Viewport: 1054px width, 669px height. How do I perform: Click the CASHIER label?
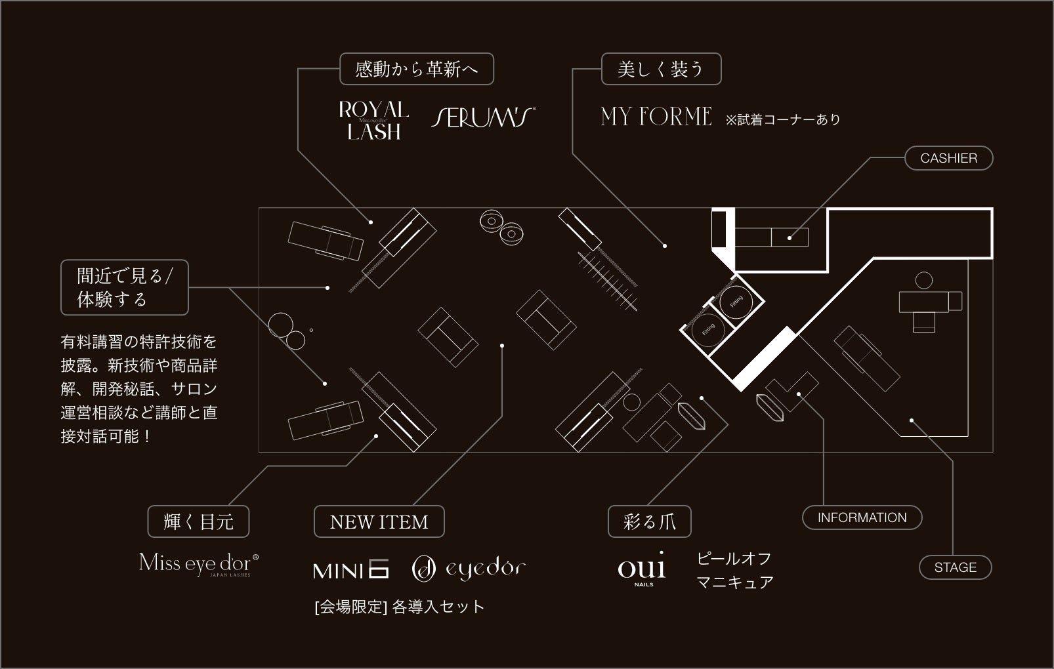click(x=948, y=158)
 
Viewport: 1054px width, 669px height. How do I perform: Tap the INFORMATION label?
click(x=862, y=517)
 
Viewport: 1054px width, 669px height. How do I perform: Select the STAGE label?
click(x=955, y=567)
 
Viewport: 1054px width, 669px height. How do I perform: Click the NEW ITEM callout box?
click(x=379, y=522)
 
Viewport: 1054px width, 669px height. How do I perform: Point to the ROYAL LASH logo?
click(x=373, y=121)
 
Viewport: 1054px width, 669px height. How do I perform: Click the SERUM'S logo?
click(x=483, y=117)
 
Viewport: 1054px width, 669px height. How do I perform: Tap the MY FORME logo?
click(x=656, y=117)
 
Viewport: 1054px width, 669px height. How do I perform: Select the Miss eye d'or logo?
click(x=199, y=564)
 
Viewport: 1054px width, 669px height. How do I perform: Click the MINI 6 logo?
click(x=351, y=569)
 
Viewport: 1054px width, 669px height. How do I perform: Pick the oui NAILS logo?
click(x=641, y=568)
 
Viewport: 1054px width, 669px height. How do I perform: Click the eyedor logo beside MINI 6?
click(x=469, y=569)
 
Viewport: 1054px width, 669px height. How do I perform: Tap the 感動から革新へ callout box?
click(x=416, y=69)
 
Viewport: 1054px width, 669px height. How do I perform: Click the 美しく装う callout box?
click(x=661, y=69)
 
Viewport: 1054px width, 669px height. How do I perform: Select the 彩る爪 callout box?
click(x=649, y=522)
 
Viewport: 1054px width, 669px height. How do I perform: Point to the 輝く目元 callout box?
click(x=198, y=522)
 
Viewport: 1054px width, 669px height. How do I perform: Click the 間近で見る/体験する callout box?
click(x=124, y=287)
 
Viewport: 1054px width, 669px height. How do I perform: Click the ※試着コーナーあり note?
click(x=782, y=119)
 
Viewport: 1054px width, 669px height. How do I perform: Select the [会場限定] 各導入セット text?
click(x=399, y=607)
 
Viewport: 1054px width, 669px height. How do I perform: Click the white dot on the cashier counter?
click(x=790, y=238)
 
